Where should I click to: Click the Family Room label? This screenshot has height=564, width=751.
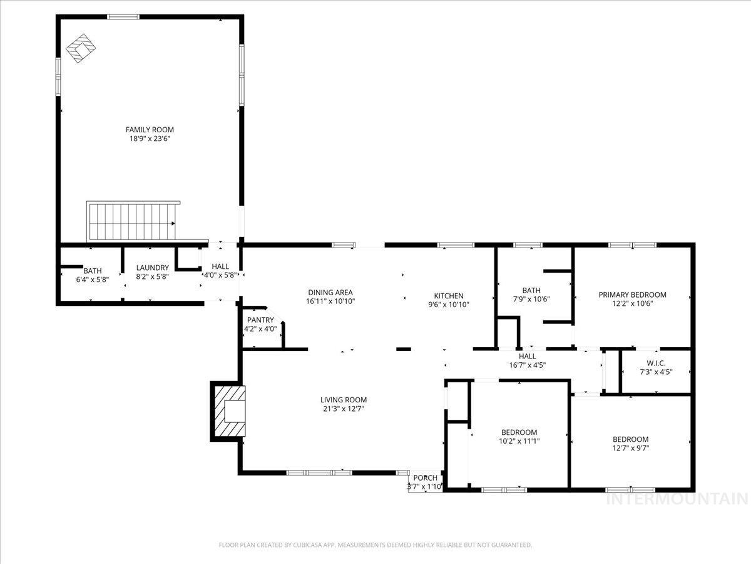point(150,130)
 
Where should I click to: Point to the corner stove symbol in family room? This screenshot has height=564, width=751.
point(81,50)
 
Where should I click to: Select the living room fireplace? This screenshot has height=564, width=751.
point(229,411)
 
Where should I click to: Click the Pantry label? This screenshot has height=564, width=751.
point(260,320)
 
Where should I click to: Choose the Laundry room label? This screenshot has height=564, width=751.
point(153,268)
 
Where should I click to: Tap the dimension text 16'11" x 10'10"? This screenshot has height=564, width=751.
point(330,301)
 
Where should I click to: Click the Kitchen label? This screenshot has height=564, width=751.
point(449,296)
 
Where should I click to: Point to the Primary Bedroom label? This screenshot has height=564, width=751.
point(632,295)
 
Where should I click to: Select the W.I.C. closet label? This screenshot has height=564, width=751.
point(656,363)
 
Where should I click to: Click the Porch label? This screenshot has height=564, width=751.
point(425,478)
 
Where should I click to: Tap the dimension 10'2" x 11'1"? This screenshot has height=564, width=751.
point(519,441)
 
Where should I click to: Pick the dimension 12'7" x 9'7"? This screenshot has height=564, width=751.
point(630,448)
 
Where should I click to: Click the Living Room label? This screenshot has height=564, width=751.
point(343,400)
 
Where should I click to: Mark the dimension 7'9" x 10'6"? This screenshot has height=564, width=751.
point(531,299)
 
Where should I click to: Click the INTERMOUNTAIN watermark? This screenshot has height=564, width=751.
point(677,499)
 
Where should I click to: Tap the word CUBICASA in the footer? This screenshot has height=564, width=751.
point(310,545)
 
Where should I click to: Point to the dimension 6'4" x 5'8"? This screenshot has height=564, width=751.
point(93,279)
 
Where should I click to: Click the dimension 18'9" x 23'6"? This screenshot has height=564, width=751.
point(150,138)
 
